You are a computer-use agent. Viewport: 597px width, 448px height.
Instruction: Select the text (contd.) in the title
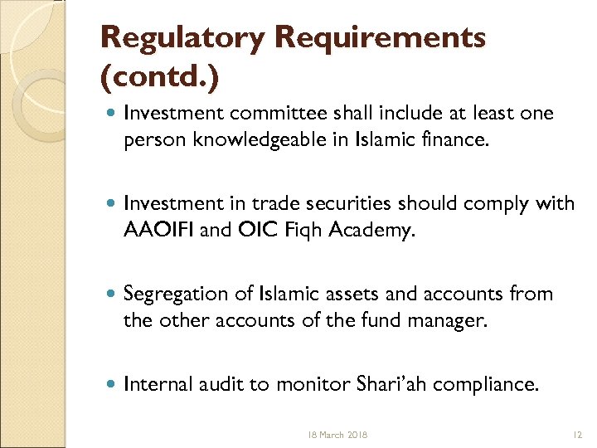point(160,80)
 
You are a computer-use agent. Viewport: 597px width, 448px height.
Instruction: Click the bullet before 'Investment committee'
point(111,114)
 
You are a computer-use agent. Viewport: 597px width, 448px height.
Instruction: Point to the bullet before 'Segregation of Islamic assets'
point(111,295)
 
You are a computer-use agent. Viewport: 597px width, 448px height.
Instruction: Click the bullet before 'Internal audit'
point(111,384)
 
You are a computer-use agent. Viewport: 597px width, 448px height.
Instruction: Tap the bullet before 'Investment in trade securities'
point(111,204)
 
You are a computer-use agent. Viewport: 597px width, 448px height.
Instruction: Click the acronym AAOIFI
point(158,230)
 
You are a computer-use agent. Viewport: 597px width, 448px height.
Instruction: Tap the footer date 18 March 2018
point(337,435)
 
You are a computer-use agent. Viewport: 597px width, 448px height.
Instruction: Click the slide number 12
point(578,435)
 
